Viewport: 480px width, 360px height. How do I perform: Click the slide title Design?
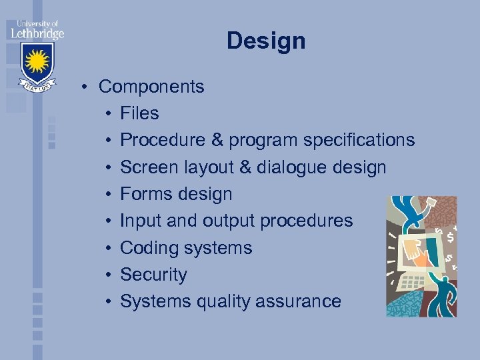point(266,41)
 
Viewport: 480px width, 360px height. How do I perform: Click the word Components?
point(151,87)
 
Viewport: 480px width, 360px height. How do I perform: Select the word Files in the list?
point(139,113)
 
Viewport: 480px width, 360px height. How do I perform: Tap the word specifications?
point(359,141)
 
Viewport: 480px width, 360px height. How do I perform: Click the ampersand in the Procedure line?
point(217,141)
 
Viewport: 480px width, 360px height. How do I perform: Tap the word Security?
point(153,275)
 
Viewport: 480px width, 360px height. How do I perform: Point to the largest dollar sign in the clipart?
point(451,237)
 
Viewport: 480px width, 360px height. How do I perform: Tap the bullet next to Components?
point(86,87)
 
